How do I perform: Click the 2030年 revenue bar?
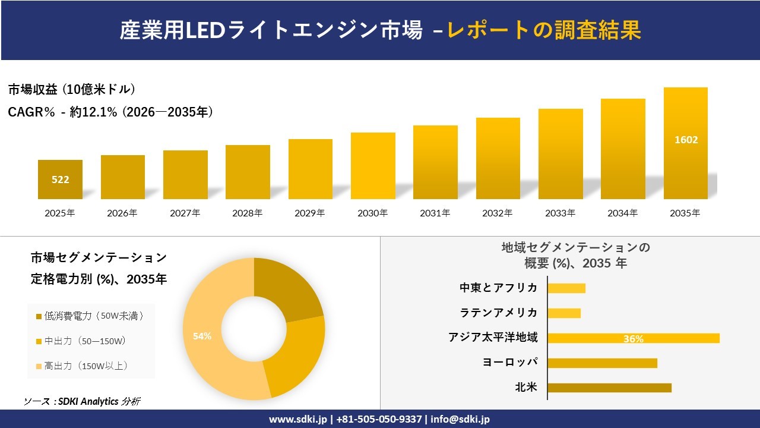point(373,166)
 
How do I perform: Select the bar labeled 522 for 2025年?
point(60,179)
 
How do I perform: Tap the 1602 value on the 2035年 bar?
point(686,140)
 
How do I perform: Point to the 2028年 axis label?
point(248,213)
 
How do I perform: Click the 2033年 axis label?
point(560,213)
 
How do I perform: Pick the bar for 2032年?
point(498,159)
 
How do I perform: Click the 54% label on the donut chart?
point(202,336)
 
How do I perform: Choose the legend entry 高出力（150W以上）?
point(85,366)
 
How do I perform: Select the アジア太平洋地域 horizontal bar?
point(633,338)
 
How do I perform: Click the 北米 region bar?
point(609,388)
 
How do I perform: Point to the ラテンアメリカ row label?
point(499,313)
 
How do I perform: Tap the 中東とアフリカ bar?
point(566,288)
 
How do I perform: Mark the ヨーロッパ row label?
point(511,363)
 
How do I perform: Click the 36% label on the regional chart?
point(633,339)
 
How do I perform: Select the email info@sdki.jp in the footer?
point(461,419)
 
